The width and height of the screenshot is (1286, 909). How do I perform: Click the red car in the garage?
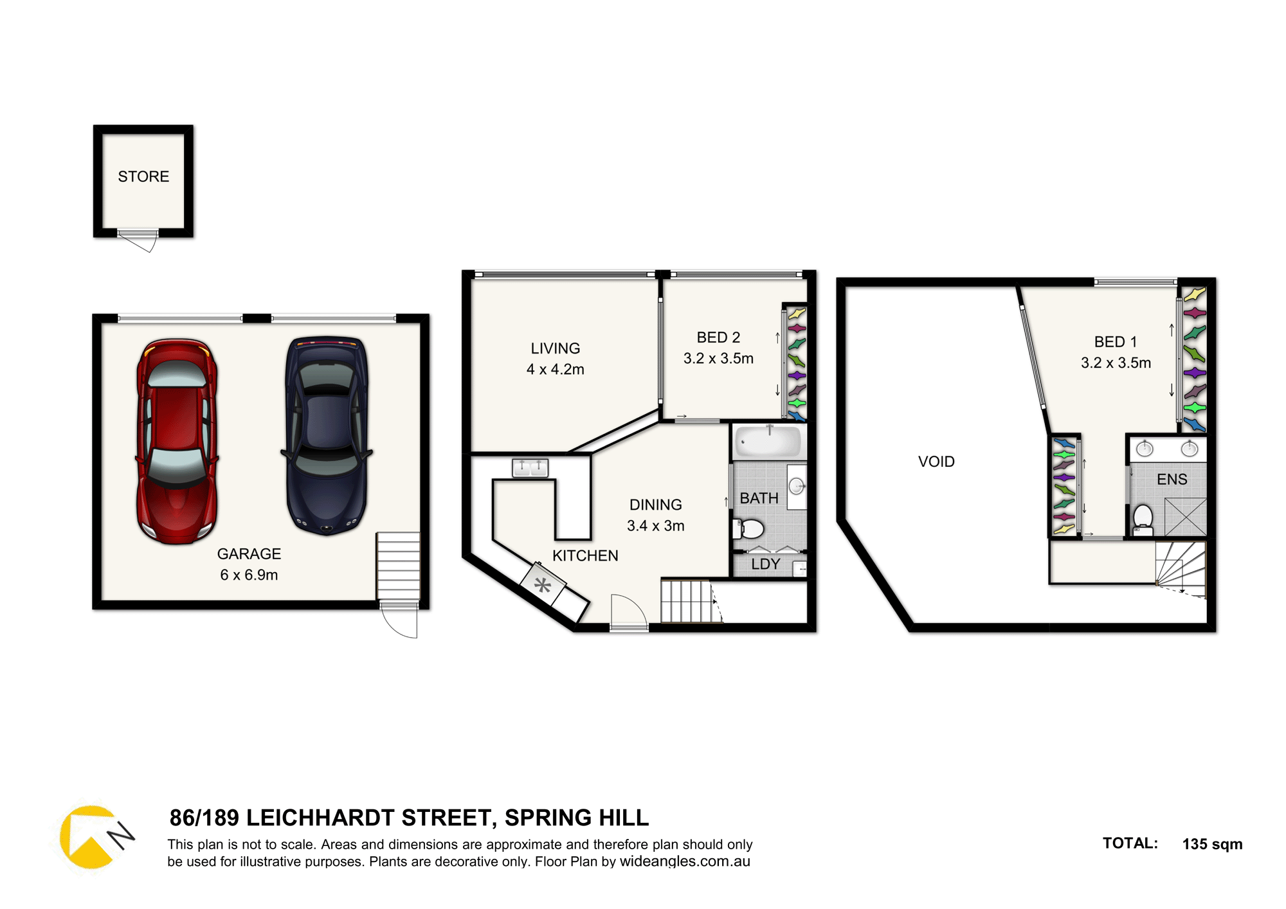click(x=177, y=442)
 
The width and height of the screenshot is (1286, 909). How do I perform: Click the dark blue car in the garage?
click(x=327, y=435)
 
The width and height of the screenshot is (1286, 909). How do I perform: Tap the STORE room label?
click(x=143, y=176)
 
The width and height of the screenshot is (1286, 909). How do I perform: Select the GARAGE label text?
click(x=249, y=553)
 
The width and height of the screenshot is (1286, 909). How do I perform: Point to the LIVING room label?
click(x=556, y=348)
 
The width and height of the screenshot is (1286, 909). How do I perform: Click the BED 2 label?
click(x=718, y=337)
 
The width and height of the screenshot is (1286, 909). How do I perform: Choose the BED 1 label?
click(x=1116, y=342)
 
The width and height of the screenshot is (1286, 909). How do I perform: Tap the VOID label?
click(x=936, y=462)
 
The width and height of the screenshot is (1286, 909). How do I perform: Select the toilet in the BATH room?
click(x=748, y=529)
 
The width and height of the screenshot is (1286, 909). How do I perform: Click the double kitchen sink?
click(x=530, y=467)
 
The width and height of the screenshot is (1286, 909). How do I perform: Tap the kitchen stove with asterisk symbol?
click(x=543, y=584)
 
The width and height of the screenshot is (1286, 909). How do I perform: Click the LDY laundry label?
click(x=765, y=564)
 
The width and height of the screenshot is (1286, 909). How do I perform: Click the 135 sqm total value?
click(x=1212, y=844)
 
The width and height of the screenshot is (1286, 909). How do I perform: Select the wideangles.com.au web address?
click(x=685, y=861)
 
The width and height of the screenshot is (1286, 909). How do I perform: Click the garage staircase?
click(x=398, y=566)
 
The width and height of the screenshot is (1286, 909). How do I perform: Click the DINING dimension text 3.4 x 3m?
click(x=656, y=526)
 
